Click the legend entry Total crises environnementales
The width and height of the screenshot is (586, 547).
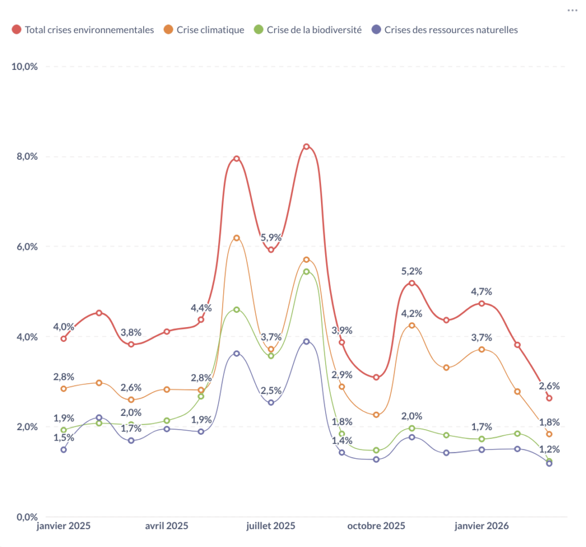tap(89, 30)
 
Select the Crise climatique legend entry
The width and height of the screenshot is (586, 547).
tap(210, 30)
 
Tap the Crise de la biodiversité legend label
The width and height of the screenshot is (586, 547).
tap(312, 30)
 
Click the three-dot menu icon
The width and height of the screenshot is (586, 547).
tap(572, 10)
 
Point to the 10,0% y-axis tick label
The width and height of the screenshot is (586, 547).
tap(25, 66)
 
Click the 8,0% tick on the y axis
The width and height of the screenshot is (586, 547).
tap(27, 156)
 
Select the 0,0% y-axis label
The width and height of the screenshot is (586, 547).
tap(27, 517)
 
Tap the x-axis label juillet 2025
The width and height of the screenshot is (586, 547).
tap(271, 526)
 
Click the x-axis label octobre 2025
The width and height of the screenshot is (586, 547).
tap(376, 526)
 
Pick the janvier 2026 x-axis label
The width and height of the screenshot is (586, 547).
tap(481, 526)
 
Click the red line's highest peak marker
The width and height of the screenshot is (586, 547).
tap(306, 147)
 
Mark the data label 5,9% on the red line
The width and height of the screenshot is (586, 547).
tap(271, 238)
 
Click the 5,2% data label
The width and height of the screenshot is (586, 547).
tap(411, 271)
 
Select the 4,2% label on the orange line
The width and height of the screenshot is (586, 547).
tap(411, 313)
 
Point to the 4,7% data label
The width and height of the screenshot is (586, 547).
tap(481, 292)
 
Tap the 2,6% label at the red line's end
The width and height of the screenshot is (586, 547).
tap(549, 386)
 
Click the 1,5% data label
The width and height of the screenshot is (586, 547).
tap(64, 438)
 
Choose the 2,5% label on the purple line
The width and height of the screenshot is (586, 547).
tap(271, 391)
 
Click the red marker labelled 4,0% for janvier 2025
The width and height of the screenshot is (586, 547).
tap(64, 339)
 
